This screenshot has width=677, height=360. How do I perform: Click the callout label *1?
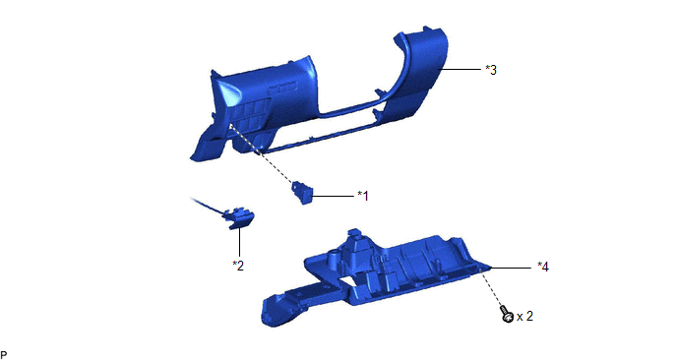click(363, 196)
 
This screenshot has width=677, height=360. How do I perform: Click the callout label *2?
click(238, 266)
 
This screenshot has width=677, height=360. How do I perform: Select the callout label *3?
click(491, 70)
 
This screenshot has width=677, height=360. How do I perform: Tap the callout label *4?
click(543, 268)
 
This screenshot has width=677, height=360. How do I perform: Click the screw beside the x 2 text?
click(507, 314)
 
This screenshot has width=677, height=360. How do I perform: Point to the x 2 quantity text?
click(524, 317)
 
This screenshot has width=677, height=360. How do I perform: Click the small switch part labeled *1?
click(302, 193)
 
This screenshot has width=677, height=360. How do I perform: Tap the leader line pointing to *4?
click(511, 269)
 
